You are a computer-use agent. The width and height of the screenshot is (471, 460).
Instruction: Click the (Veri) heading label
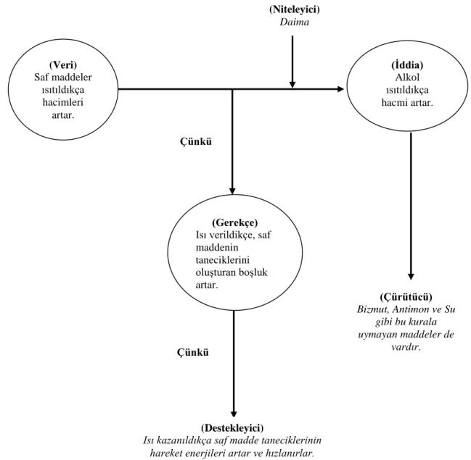pyautogui.click(x=63, y=64)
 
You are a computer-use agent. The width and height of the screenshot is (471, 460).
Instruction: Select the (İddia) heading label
pyautogui.click(x=407, y=64)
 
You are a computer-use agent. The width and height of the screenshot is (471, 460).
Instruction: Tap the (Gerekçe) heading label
pyautogui.click(x=235, y=222)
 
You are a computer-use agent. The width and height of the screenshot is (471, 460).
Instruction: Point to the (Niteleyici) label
pyautogui.click(x=295, y=9)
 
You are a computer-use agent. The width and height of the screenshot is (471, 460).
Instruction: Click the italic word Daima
pyautogui.click(x=295, y=22)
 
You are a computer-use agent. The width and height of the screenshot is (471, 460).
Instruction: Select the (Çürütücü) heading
pyautogui.click(x=406, y=296)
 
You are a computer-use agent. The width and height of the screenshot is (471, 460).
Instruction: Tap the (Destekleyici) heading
pyautogui.click(x=232, y=427)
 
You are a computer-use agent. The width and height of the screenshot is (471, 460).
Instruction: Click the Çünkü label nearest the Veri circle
pyautogui.click(x=196, y=141)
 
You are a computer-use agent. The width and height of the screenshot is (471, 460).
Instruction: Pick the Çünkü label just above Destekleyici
pyautogui.click(x=193, y=352)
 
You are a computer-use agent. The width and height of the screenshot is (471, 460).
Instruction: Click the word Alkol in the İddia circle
pyautogui.click(x=407, y=78)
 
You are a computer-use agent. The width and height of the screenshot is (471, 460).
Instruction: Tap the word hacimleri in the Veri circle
pyautogui.click(x=63, y=102)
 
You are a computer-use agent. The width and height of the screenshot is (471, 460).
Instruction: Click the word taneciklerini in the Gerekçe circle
pyautogui.click(x=223, y=259)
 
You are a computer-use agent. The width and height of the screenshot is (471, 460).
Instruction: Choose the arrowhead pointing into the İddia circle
pyautogui.click(x=340, y=89)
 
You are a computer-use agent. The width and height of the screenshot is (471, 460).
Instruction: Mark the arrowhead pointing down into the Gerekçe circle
pyautogui.click(x=232, y=191)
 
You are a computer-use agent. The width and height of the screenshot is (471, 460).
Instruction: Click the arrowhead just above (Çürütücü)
pyautogui.click(x=411, y=277)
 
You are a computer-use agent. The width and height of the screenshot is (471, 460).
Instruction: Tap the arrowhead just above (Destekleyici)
pyautogui.click(x=234, y=414)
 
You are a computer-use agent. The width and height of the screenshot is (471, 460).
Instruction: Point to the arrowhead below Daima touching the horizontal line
pyautogui.click(x=292, y=85)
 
